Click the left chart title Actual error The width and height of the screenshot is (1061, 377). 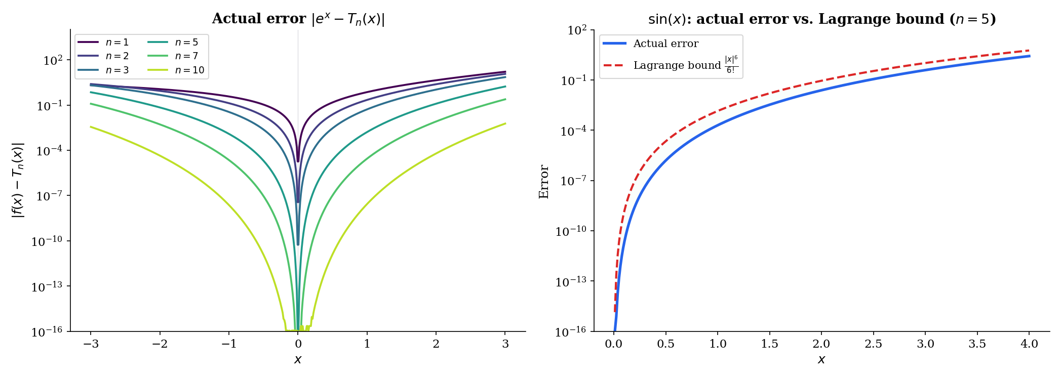(259, 19)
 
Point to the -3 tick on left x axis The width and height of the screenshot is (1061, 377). (91, 345)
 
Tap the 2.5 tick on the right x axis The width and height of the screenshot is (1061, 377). (873, 345)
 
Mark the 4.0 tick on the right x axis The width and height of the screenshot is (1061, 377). (1029, 345)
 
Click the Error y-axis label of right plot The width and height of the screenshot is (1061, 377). (544, 182)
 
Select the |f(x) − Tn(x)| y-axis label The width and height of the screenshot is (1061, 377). (18, 180)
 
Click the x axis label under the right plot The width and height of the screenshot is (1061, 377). (821, 360)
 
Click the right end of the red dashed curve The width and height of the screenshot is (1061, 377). (1029, 51)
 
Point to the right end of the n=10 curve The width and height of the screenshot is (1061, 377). (505, 123)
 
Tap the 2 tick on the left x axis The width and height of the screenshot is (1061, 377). (436, 345)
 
